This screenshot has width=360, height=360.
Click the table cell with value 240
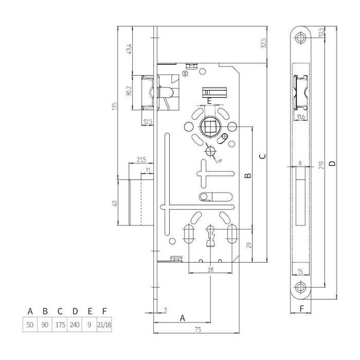[75, 325]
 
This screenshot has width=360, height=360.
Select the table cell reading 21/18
[104, 325]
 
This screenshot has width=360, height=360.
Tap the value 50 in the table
[30, 325]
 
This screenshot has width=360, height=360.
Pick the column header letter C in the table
[60, 311]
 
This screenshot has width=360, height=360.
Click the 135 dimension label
[114, 106]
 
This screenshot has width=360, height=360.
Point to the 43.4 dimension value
[129, 49]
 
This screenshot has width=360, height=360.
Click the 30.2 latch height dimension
[129, 91]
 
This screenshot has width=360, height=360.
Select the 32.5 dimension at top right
[263, 43]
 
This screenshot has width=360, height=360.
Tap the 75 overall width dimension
[198, 330]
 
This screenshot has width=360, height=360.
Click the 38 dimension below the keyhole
[210, 269]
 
